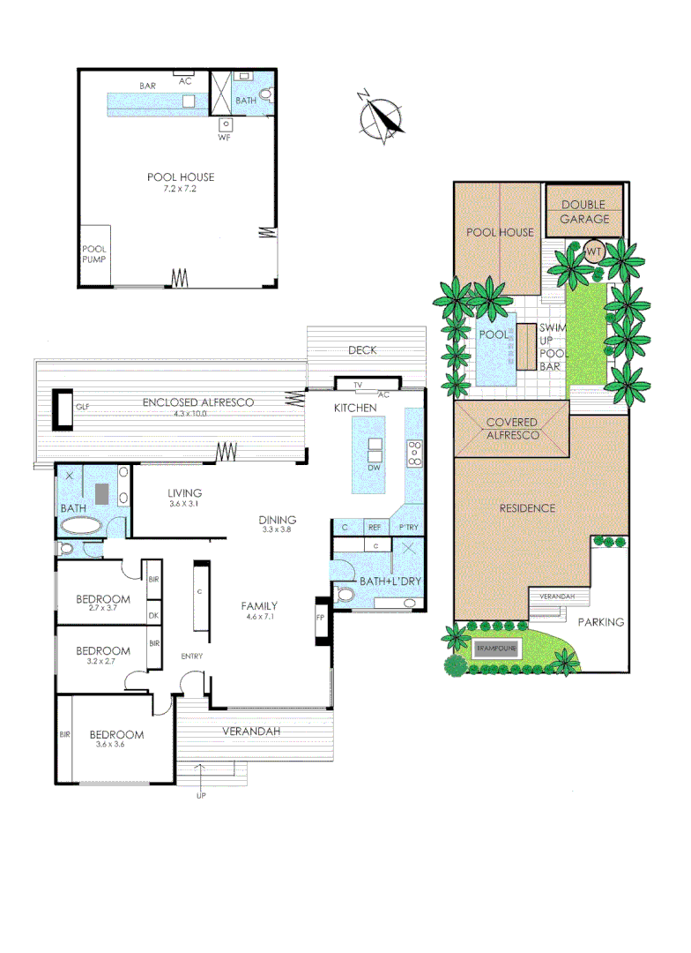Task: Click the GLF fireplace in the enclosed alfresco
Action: point(63,406)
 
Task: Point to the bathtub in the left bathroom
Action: point(81,527)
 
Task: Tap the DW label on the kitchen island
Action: point(375,467)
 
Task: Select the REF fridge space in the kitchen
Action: point(375,527)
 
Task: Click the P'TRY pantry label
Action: point(408,527)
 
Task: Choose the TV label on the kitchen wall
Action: point(358,386)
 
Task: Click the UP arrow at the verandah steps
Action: point(202,796)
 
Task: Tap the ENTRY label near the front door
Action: point(194,656)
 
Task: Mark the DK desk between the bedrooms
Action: point(153,616)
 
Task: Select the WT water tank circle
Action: point(593,251)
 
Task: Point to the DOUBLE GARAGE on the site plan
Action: point(584,212)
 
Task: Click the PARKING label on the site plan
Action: point(601,622)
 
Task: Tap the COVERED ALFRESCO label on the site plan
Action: point(512,429)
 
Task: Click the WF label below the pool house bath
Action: point(224,138)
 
